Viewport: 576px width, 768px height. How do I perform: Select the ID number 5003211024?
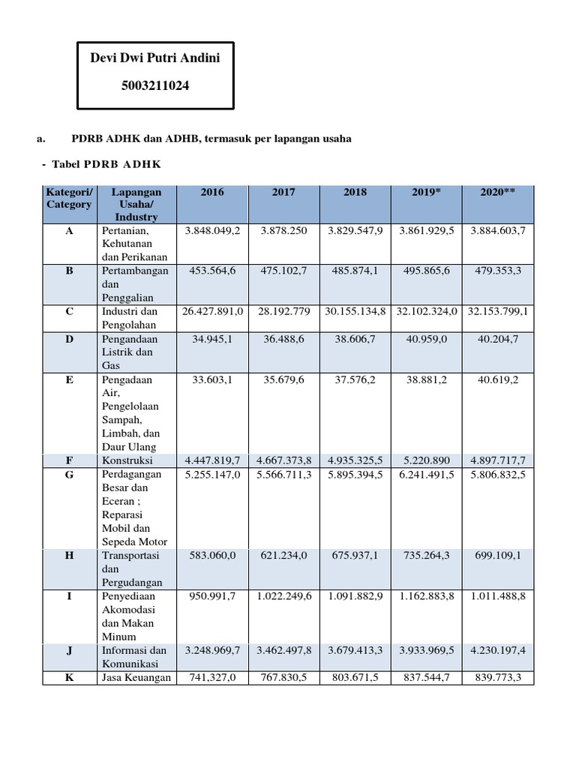click(x=155, y=86)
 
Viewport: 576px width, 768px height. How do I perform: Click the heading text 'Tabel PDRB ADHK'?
click(x=106, y=163)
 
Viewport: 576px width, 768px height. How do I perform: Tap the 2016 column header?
click(x=212, y=192)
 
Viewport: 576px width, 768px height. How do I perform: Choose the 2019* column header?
click(x=426, y=192)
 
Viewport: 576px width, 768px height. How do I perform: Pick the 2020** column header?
click(x=497, y=192)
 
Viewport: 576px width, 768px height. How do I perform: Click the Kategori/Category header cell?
click(x=69, y=198)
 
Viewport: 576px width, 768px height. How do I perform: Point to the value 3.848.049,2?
click(x=212, y=231)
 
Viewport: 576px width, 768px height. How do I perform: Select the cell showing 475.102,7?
click(x=283, y=271)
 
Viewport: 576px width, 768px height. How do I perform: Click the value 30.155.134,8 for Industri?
click(x=355, y=311)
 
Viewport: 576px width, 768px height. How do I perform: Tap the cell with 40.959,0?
click(x=426, y=338)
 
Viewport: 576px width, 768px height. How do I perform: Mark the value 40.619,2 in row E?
click(x=497, y=379)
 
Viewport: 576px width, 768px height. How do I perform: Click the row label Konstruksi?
click(x=127, y=460)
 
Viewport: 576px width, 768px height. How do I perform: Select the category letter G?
click(x=69, y=474)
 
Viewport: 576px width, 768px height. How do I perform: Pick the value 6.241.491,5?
click(x=426, y=474)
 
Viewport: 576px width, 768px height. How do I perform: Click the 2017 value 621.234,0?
click(x=283, y=556)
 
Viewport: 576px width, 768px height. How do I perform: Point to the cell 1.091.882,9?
click(x=355, y=596)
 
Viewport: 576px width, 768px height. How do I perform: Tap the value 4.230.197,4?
click(x=497, y=650)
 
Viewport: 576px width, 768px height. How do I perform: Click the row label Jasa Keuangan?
click(x=136, y=678)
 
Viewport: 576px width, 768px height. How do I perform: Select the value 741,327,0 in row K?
click(x=212, y=678)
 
